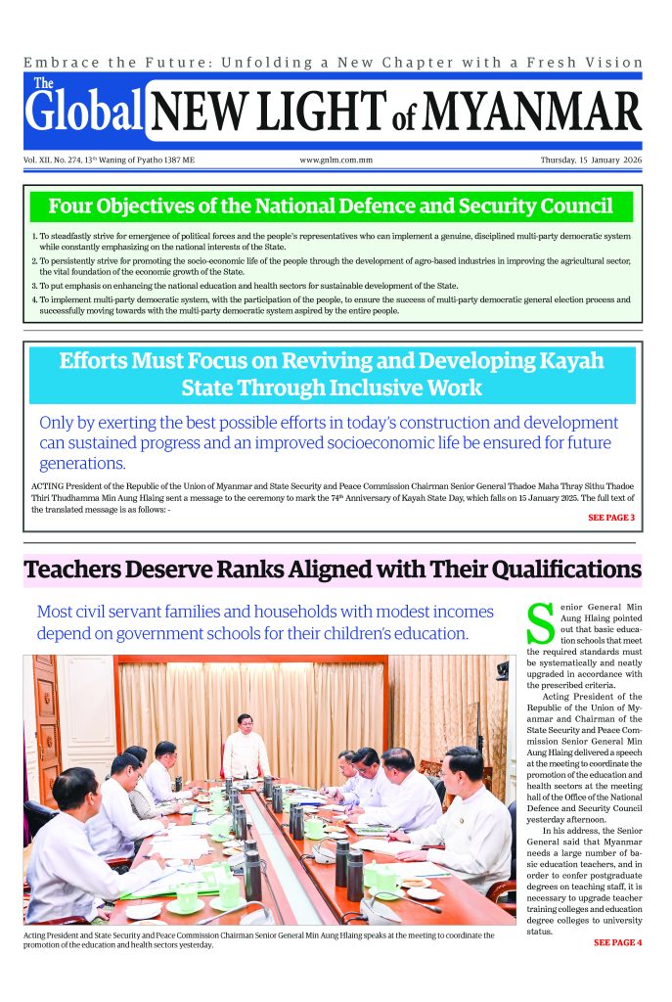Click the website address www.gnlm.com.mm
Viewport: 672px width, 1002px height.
coord(336,159)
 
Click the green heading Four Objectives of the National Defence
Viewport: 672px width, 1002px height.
coord(331,206)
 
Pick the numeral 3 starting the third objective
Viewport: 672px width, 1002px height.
coord(33,285)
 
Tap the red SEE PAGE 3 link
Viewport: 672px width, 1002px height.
coord(611,517)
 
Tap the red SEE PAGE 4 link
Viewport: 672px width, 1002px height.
coord(617,942)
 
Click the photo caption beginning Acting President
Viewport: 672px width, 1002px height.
coord(258,940)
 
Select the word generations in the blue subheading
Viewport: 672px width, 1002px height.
coord(82,463)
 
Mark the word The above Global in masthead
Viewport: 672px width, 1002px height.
coord(43,83)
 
